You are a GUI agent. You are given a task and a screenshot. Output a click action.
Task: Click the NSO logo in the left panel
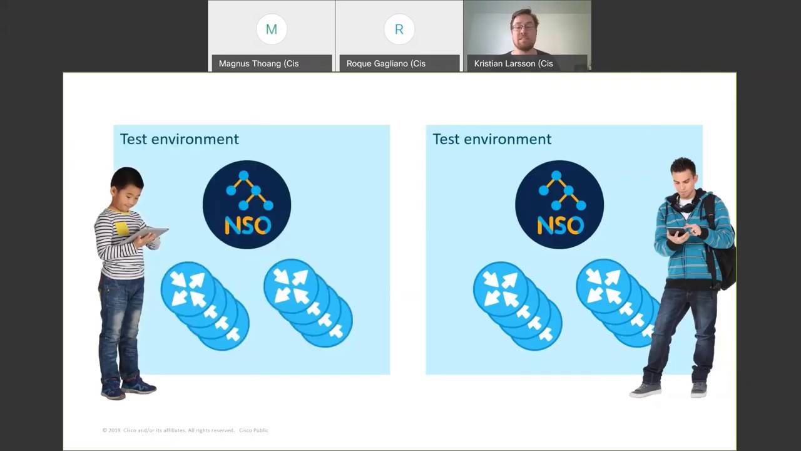247,204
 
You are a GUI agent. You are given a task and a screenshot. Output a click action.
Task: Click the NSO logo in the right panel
559,204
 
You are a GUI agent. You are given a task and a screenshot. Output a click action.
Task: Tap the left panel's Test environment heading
180,139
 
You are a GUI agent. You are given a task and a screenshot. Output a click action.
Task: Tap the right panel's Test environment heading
492,139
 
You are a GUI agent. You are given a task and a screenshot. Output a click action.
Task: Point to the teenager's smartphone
675,232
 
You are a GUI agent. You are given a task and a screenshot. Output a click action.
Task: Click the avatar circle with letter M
271,29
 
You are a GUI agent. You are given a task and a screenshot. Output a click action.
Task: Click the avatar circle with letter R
399,29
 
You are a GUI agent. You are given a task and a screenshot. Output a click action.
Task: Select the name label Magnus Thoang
258,63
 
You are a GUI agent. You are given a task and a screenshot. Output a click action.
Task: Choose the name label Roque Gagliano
385,63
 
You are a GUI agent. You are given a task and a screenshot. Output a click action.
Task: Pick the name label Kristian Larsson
513,63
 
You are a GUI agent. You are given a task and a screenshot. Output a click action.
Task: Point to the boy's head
127,185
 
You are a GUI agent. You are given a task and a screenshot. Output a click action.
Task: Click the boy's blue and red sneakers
128,388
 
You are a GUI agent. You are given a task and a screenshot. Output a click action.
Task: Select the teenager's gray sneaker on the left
645,390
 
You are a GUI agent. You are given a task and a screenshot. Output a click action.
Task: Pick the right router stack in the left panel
307,303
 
